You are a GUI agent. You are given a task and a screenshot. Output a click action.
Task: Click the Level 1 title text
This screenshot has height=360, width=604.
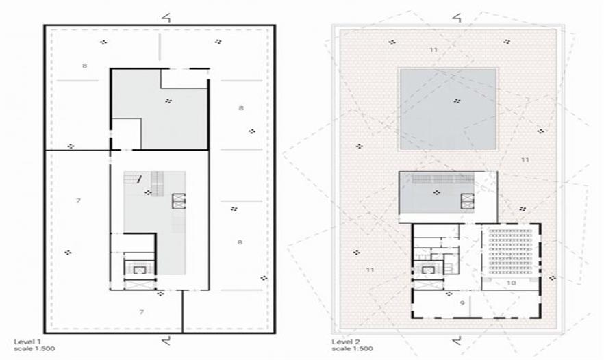coord(27,342)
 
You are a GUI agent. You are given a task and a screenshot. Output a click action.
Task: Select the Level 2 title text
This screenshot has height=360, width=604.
coord(346,342)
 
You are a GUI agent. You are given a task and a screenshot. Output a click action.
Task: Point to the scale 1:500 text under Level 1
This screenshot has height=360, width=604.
coord(34,349)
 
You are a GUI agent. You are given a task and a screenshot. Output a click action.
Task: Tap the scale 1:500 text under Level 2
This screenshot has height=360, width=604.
coord(352,349)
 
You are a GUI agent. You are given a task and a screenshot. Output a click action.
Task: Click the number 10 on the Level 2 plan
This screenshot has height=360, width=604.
coord(511,283)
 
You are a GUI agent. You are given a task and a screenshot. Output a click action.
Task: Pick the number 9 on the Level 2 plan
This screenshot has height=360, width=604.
coord(462,303)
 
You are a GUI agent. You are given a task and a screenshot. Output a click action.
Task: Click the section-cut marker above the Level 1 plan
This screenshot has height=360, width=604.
coord(166,17)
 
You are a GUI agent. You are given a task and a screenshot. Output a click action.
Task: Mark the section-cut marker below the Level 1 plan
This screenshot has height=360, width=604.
coord(166,340)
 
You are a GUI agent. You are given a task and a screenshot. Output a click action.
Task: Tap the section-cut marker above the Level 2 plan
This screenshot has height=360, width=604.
coord(457,17)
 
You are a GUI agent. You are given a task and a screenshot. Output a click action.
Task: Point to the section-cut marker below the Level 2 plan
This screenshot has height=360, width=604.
coord(457,340)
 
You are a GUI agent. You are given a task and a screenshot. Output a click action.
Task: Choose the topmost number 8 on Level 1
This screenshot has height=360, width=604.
coord(84,66)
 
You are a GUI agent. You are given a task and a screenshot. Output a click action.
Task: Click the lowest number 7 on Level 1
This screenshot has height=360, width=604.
coord(141,312)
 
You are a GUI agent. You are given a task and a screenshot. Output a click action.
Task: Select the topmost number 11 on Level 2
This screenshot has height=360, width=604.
coord(433,50)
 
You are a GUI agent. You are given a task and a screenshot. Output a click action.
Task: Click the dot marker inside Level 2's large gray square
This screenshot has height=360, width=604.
coord(457,101)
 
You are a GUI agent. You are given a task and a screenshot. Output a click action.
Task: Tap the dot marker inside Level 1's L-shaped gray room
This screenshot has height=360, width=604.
coord(168,101)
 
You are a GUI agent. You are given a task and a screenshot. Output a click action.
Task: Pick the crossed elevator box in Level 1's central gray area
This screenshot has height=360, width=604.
coord(179,201)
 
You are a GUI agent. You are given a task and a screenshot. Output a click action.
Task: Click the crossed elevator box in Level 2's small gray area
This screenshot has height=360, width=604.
coord(468,201)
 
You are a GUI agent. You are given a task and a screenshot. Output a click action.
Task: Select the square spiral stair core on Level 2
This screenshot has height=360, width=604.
coord(428,270)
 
